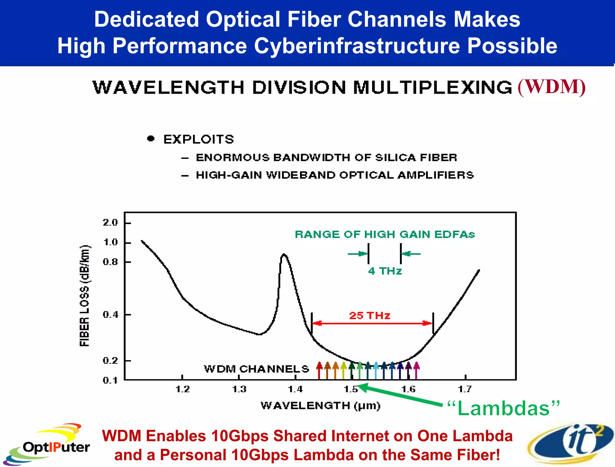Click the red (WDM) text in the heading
point(552,87)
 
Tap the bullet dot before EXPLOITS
point(151,138)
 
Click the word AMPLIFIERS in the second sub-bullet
point(436,175)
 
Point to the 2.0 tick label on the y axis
point(110,223)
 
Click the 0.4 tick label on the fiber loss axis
point(110,315)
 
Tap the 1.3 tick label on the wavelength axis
point(239,389)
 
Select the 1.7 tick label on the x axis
point(465,389)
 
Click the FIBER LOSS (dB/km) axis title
point(85,296)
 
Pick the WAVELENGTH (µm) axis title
point(320,406)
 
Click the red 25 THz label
point(370,316)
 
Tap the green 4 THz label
point(385,271)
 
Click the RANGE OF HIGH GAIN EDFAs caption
point(385,234)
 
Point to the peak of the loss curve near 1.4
point(284,255)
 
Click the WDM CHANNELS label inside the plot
point(256,369)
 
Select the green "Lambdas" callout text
point(504,408)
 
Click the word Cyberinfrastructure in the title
point(357,46)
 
